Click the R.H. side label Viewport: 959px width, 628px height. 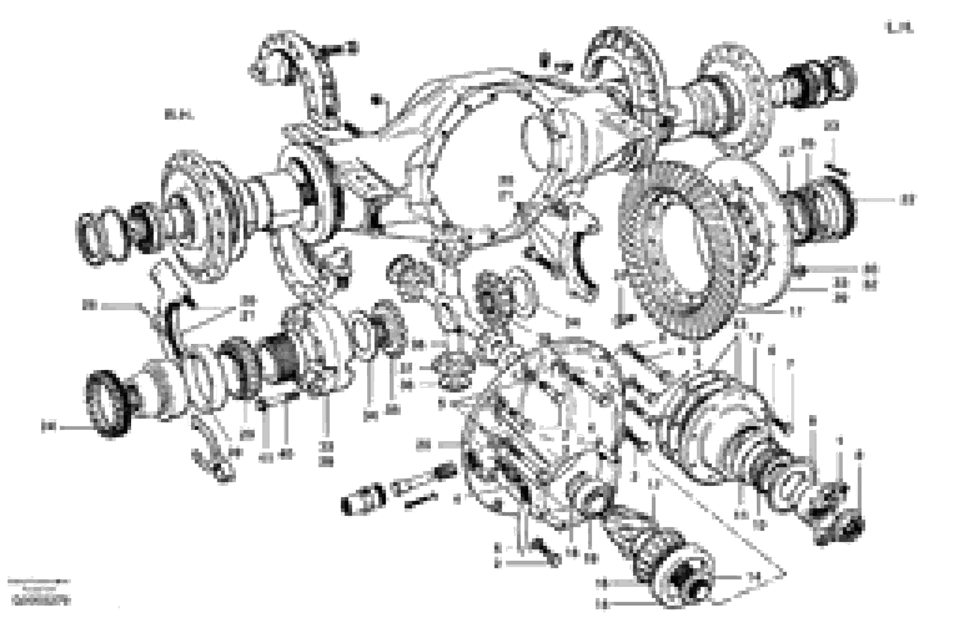click(x=179, y=115)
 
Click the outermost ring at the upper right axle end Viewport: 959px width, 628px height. click(x=842, y=79)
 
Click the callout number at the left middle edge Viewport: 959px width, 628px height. click(x=90, y=305)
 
